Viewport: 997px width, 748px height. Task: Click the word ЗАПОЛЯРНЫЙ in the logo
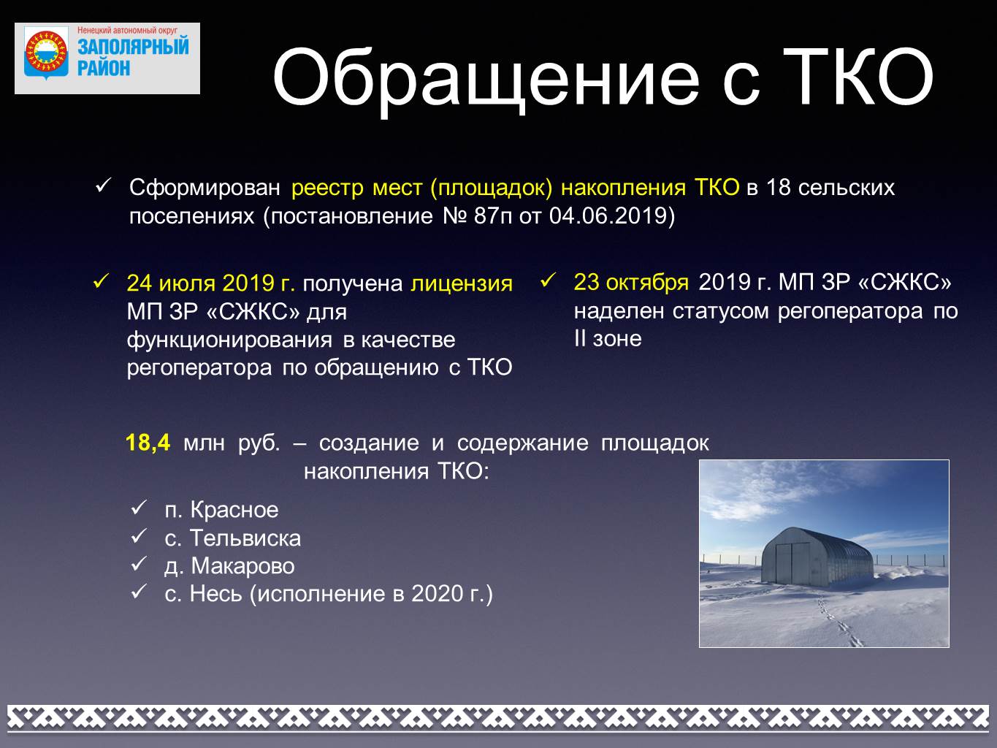pos(133,47)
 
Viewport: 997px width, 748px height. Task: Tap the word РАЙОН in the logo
pos(104,68)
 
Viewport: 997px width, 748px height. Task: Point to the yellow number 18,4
pos(148,443)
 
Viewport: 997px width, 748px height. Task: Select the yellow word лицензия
pos(462,284)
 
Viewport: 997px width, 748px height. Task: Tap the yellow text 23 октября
pos(631,282)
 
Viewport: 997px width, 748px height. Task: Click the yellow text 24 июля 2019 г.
pos(211,283)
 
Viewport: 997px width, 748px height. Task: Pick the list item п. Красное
pos(221,510)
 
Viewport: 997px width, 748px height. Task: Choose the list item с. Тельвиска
pos(232,538)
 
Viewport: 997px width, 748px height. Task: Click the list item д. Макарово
pos(229,566)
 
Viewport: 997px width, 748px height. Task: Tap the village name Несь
pos(215,594)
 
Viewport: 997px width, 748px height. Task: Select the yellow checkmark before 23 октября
pos(548,280)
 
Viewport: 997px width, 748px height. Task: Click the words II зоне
pos(608,339)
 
